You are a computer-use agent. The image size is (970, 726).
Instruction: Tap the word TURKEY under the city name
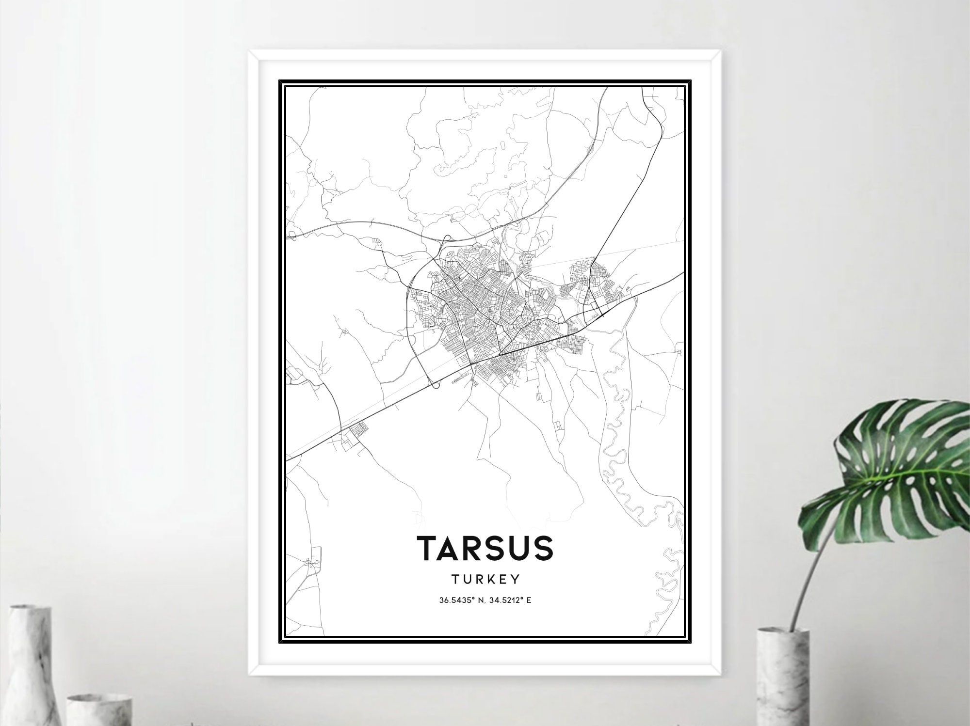485,579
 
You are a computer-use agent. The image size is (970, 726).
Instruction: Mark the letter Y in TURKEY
516,579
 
